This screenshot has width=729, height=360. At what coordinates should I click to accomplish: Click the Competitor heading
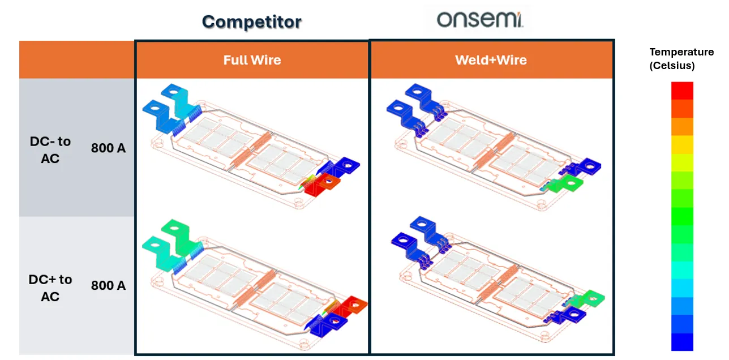pyautogui.click(x=251, y=22)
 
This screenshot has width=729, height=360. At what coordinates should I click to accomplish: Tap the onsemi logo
pyautogui.click(x=480, y=20)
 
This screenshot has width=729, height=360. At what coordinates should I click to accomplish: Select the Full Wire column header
pyautogui.click(x=252, y=60)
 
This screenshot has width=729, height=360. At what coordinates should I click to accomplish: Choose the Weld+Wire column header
pyautogui.click(x=491, y=60)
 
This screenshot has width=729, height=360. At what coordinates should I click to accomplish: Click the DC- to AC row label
pyautogui.click(x=50, y=150)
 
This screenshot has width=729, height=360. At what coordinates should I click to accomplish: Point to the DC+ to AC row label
pyautogui.click(x=50, y=288)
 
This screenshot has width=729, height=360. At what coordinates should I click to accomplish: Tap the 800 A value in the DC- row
pyautogui.click(x=108, y=149)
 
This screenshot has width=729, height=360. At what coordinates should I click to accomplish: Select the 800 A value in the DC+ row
pyautogui.click(x=108, y=286)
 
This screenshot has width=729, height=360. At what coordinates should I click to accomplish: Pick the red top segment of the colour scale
pyautogui.click(x=682, y=91)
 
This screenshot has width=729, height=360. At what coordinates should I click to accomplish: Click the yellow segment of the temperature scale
pyautogui.click(x=682, y=144)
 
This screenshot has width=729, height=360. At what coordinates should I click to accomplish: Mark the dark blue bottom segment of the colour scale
pyautogui.click(x=682, y=341)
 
